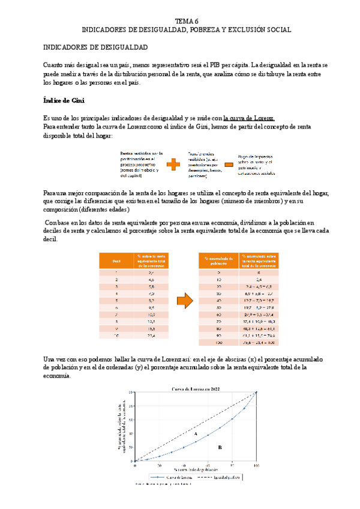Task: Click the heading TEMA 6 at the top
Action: coord(186,20)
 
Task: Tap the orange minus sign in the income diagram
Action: coord(229,164)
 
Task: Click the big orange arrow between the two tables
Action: coord(186,299)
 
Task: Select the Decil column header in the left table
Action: coord(116,261)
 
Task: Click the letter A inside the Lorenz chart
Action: coord(196,432)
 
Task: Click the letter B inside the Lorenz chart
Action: coord(220,447)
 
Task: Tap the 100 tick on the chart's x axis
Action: coord(256,465)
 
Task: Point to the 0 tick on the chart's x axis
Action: coord(136,465)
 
